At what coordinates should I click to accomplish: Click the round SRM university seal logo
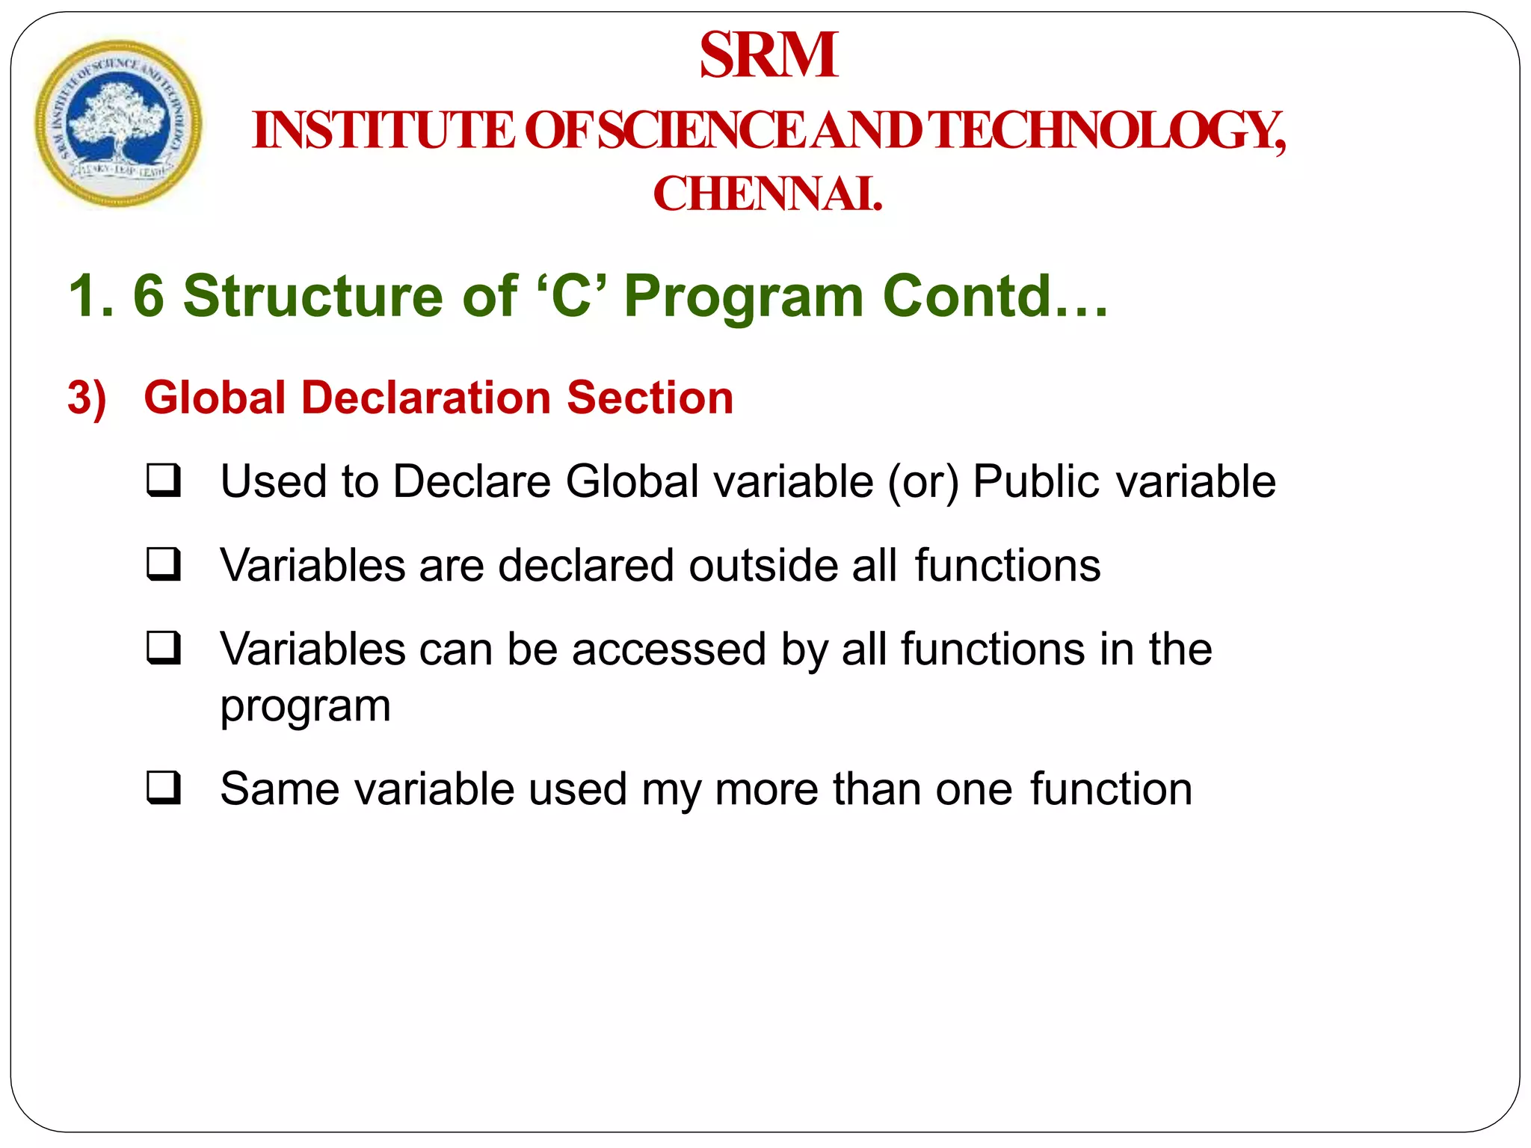118,123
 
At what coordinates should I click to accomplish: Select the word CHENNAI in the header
767,194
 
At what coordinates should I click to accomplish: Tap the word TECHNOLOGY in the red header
1109,130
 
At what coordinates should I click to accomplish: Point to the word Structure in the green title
314,296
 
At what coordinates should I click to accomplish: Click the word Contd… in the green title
995,296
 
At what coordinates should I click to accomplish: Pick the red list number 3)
87,398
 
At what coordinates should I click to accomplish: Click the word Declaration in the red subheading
426,397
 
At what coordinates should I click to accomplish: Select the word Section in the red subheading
650,397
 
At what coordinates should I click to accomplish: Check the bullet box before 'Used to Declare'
164,481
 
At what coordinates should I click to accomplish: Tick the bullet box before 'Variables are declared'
164,564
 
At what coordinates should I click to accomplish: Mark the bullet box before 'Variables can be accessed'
164,648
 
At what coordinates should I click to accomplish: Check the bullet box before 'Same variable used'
164,788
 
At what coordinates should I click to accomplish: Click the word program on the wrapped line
305,707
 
